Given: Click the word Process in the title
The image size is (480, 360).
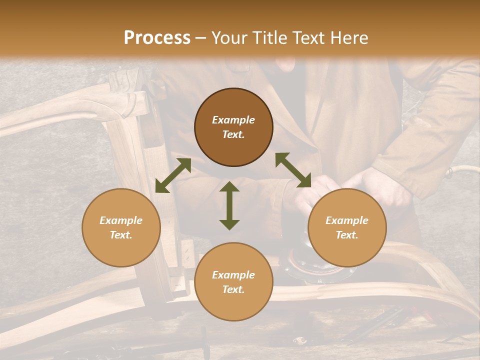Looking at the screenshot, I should pyautogui.click(x=157, y=38).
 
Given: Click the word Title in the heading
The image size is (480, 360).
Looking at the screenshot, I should pyautogui.click(x=269, y=38).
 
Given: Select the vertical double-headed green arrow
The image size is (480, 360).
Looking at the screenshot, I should pyautogui.click(x=229, y=205).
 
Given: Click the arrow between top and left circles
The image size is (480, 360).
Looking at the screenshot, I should pyautogui.click(x=173, y=175).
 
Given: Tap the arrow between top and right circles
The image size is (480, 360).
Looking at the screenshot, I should pyautogui.click(x=293, y=170).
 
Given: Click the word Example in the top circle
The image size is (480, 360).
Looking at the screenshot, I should pyautogui.click(x=233, y=120).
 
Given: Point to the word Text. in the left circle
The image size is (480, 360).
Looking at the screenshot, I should pyautogui.click(x=121, y=235).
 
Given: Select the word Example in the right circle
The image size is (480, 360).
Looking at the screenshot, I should pyautogui.click(x=347, y=220).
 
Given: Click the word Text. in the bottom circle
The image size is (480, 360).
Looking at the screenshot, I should pyautogui.click(x=233, y=289).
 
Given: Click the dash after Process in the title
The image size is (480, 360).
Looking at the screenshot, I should pyautogui.click(x=201, y=38).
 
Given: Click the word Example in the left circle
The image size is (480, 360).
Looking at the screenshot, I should pyautogui.click(x=121, y=220).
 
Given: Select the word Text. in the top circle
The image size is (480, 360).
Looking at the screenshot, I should pyautogui.click(x=233, y=134).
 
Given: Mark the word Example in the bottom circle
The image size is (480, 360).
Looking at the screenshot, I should pyautogui.click(x=233, y=275).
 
